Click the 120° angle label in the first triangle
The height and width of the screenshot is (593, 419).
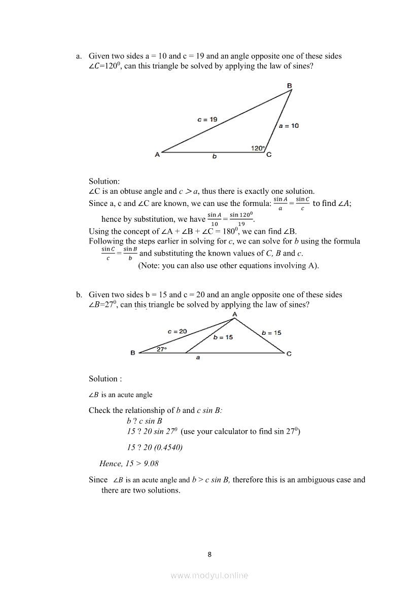(258, 148)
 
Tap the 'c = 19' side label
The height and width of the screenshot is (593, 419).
(207, 120)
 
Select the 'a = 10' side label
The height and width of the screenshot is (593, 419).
(289, 126)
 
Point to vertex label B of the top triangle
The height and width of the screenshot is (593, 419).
(289, 86)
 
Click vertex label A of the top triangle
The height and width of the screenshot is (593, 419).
(157, 155)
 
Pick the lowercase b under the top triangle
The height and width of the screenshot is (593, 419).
(214, 157)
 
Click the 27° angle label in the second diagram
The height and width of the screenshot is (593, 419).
(161, 350)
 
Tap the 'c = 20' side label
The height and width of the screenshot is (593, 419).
(177, 331)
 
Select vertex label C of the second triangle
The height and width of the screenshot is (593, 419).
(289, 354)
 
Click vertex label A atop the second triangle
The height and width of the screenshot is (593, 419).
(234, 315)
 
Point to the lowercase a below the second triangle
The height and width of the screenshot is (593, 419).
(198, 358)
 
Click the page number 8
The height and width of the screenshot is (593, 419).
(209, 554)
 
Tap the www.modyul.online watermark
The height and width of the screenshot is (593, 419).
(209, 575)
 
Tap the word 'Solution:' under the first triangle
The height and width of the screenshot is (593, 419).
(104, 181)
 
